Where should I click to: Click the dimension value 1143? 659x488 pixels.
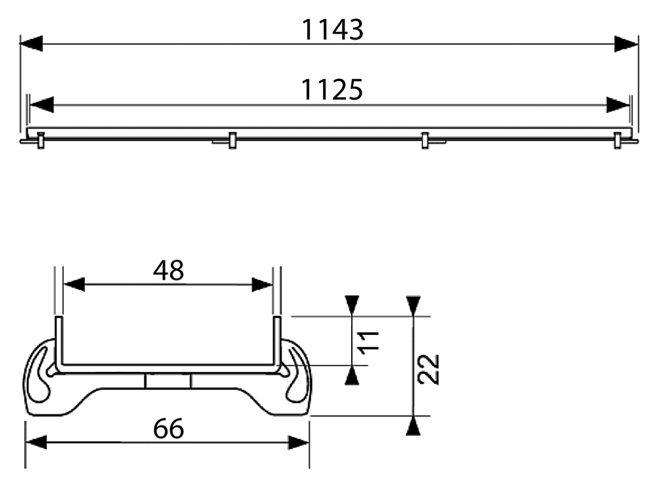pyautogui.click(x=332, y=30)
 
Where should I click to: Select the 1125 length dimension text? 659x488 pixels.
pyautogui.click(x=332, y=90)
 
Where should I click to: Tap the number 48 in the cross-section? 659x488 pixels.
pyautogui.click(x=169, y=270)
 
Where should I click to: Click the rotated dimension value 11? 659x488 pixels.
pyautogui.click(x=368, y=341)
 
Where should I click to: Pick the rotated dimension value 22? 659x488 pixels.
pyautogui.click(x=429, y=369)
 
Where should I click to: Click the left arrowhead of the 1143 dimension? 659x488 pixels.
pyautogui.click(x=31, y=44)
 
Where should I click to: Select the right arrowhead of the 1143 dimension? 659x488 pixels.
pyautogui.click(x=626, y=44)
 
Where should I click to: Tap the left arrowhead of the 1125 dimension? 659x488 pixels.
pyautogui.click(x=42, y=105)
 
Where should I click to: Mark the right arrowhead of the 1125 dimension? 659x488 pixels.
pyautogui.click(x=618, y=105)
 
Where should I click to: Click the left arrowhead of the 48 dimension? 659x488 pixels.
pyautogui.click(x=74, y=284)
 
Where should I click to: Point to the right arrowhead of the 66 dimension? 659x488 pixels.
pyautogui.click(x=299, y=442)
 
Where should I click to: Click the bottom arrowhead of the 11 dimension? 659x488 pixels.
pyautogui.click(x=352, y=375)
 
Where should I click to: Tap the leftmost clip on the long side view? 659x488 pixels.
pyautogui.click(x=40, y=140)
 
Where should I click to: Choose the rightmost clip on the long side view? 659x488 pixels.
pyautogui.click(x=617, y=140)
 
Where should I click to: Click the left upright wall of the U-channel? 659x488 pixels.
pyautogui.click(x=59, y=342)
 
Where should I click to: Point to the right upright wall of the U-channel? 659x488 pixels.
pyautogui.click(x=277, y=342)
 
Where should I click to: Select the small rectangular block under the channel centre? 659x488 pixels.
pyautogui.click(x=167, y=381)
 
